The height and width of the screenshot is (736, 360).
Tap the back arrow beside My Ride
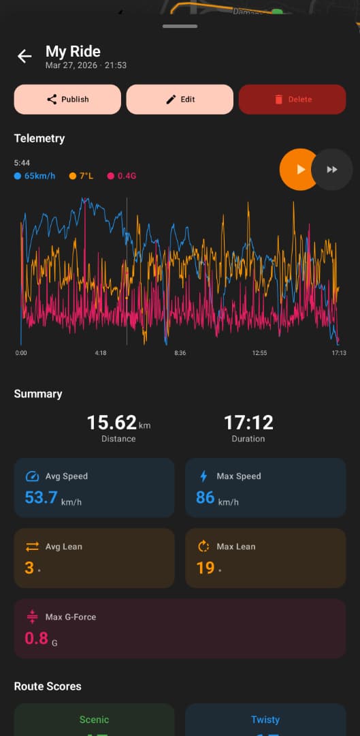pos(24,57)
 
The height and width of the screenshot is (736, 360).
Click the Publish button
pos(67,99)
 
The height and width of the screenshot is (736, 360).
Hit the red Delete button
pos(292,99)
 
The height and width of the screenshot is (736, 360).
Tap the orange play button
pos(299,169)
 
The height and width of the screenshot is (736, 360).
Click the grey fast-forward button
pos(332,169)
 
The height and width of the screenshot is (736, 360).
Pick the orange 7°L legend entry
pos(82,176)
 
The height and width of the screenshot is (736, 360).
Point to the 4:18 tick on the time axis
pos(101,353)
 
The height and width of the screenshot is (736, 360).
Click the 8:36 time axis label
pos(180,353)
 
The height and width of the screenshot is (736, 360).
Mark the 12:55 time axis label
pos(259,353)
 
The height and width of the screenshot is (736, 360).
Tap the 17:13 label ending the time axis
pos(338,353)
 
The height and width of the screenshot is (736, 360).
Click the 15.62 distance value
pos(112,423)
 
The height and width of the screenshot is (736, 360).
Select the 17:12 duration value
pos(248,423)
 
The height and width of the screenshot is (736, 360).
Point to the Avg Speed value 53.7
pos(42,497)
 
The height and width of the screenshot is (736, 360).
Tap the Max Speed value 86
pos(206,497)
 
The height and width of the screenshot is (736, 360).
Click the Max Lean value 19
pos(206,568)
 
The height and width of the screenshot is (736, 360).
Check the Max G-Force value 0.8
pos(36,638)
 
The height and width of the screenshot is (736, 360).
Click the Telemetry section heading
pos(39,138)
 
